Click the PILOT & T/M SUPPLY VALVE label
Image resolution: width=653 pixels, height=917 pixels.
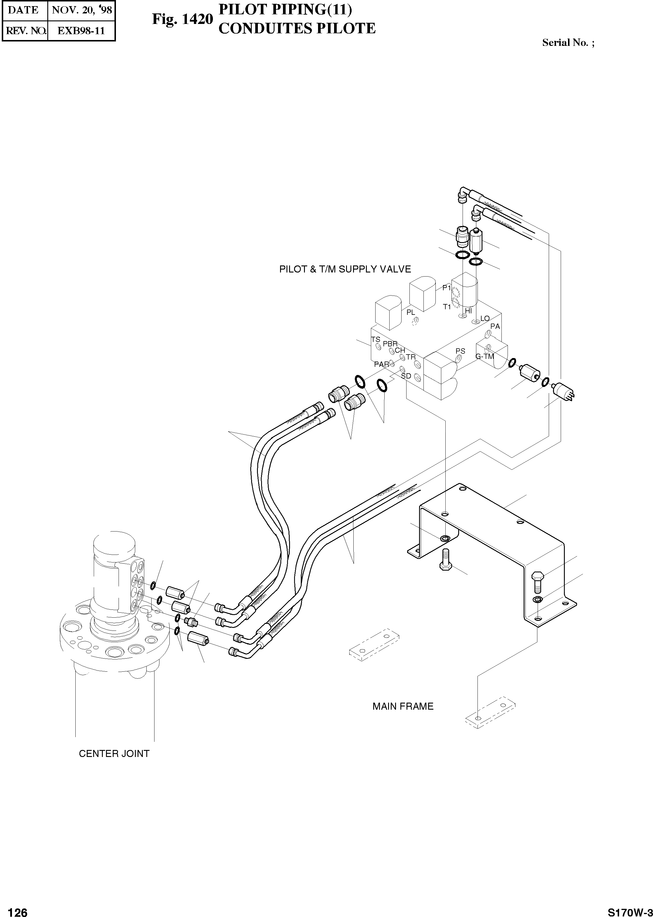pyautogui.click(x=345, y=269)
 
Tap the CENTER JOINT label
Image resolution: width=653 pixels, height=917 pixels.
pyautogui.click(x=114, y=754)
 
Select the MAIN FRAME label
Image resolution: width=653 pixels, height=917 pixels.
pyautogui.click(x=403, y=706)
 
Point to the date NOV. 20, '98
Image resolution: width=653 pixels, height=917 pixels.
pyautogui.click(x=82, y=10)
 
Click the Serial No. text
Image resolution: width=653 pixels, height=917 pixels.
pyautogui.click(x=568, y=43)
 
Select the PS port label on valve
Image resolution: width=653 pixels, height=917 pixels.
pyautogui.click(x=460, y=351)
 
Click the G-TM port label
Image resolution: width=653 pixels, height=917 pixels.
pyautogui.click(x=484, y=356)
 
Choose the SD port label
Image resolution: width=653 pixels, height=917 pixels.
pyautogui.click(x=406, y=376)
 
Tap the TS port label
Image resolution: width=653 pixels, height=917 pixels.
pyautogui.click(x=376, y=340)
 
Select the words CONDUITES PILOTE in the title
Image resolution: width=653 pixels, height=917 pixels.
pyautogui.click(x=297, y=29)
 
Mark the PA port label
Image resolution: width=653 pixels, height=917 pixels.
pyautogui.click(x=495, y=326)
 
